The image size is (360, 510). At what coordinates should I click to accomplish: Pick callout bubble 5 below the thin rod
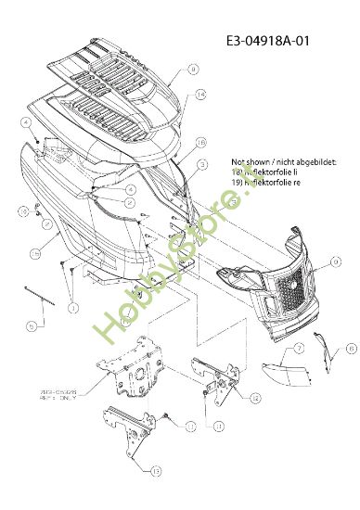31,325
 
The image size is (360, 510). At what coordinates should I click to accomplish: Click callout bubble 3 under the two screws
75,307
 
